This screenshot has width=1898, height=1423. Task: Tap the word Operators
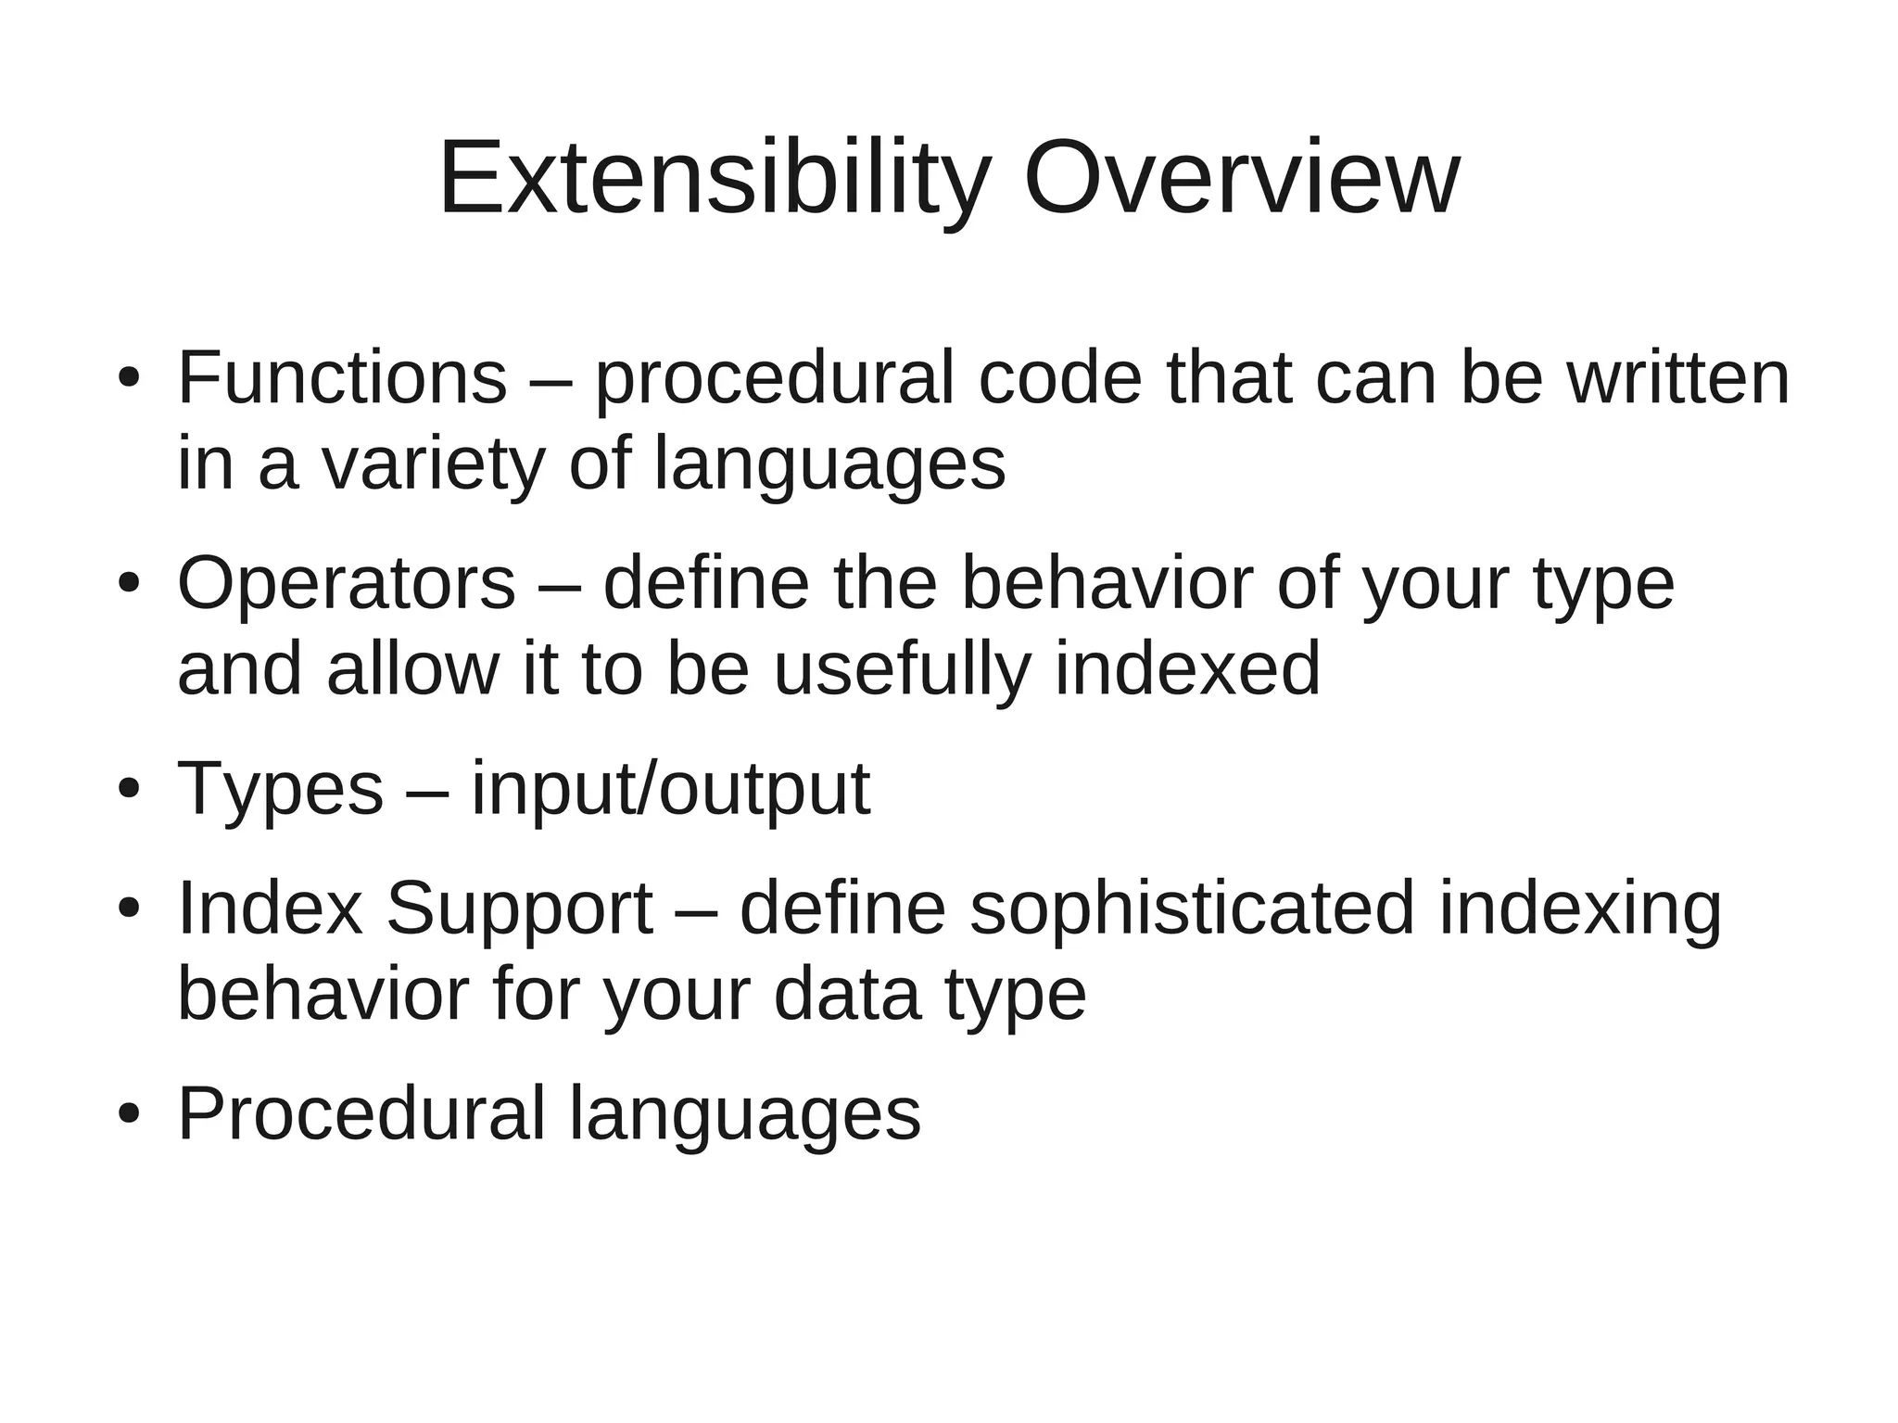click(x=346, y=584)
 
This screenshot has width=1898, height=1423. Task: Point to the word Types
click(x=280, y=789)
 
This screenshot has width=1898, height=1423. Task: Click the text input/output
click(x=670, y=789)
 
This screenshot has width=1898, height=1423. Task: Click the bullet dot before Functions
click(x=128, y=380)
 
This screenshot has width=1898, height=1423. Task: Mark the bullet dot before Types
click(x=128, y=791)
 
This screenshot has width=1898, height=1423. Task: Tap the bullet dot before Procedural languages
click(x=128, y=1115)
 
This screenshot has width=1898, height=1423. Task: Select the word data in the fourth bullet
click(x=847, y=994)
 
